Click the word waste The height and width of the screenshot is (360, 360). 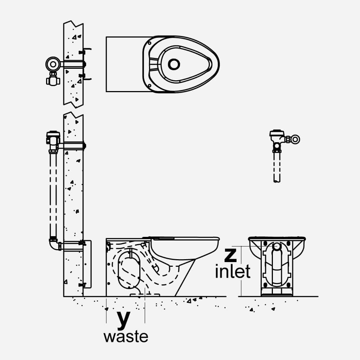click(x=126, y=337)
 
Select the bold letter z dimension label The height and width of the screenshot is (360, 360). click(x=230, y=255)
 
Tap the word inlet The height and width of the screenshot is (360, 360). click(x=233, y=272)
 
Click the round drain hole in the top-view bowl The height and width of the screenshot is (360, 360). click(x=174, y=64)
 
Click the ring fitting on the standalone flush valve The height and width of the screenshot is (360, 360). click(x=295, y=139)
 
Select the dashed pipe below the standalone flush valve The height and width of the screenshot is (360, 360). click(x=277, y=167)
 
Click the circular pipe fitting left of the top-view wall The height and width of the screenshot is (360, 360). click(x=53, y=64)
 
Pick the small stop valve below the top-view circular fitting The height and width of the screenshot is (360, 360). click(x=53, y=79)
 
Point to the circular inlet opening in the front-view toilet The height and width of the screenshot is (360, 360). click(x=276, y=247)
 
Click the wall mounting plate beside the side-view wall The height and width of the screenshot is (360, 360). click(x=87, y=264)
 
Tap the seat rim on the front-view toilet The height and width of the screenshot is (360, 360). click(x=276, y=238)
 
